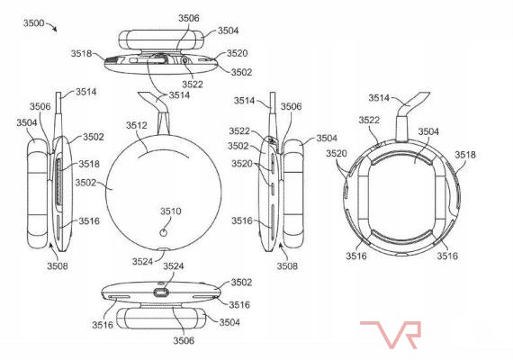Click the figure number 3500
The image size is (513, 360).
point(33,23)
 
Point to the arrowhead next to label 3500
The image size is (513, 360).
point(55,30)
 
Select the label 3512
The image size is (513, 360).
point(137,125)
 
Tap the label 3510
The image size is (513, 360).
point(170,211)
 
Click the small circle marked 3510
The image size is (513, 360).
point(163,233)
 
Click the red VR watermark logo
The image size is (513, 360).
point(391,335)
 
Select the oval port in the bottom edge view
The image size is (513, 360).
point(161,292)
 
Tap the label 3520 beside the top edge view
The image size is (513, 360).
point(238,53)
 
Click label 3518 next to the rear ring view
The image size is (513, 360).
point(465,155)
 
